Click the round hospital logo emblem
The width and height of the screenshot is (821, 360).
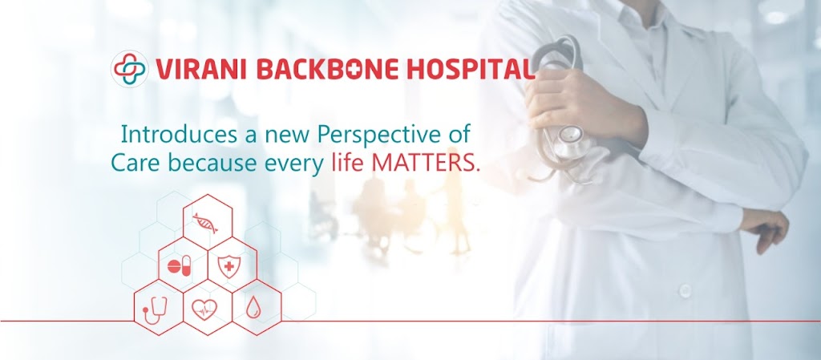point(130,69)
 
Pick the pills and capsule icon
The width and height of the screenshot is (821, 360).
point(180,266)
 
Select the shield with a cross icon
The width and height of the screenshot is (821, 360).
point(229,266)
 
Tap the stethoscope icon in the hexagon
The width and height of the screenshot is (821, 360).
point(155,310)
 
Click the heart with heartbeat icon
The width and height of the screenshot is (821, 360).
point(204,309)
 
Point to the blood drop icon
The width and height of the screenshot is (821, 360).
point(253,308)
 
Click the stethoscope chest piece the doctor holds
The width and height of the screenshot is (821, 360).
point(570,141)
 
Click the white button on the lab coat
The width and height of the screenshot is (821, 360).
point(685,290)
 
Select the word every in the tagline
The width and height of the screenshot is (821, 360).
point(294,164)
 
